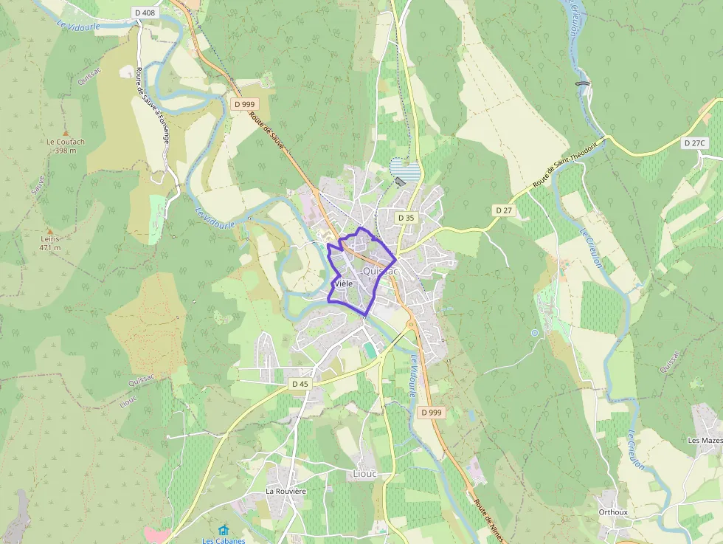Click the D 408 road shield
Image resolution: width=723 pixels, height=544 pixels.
point(145,13)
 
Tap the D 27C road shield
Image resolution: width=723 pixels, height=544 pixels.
point(694,143)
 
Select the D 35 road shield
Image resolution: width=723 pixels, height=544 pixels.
point(406,218)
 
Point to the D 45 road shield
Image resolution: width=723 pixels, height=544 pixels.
point(300,384)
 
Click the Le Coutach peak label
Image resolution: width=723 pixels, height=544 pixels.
point(66,142)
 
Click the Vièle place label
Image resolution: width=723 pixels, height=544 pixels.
point(343,283)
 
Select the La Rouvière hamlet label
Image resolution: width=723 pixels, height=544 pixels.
point(286,491)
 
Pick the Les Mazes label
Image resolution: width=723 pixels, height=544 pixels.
point(705,441)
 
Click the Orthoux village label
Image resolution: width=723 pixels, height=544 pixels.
point(613,512)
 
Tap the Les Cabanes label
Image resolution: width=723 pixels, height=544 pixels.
point(224,540)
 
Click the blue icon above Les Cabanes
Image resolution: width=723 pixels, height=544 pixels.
point(224,529)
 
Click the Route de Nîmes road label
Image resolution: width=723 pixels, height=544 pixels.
point(488,520)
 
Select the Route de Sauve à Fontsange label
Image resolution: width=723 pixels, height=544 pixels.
point(151,101)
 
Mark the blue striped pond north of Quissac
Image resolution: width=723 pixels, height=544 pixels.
point(405,171)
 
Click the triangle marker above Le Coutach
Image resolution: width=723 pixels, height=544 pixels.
point(65,131)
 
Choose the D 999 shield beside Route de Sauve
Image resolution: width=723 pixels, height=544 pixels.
point(244,104)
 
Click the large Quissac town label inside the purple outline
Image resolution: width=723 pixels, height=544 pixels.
point(381,272)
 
